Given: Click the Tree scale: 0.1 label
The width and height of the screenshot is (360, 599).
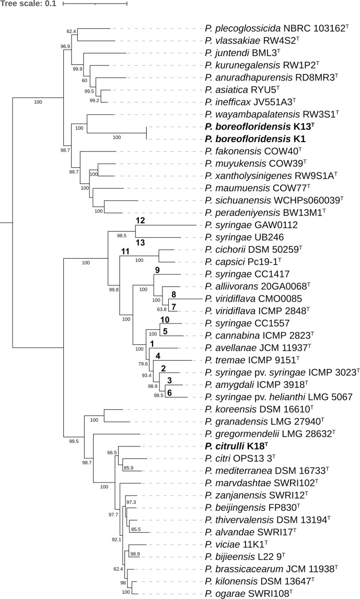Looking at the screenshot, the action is (28, 4).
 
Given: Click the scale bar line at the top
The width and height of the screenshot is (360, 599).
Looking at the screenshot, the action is (95, 4).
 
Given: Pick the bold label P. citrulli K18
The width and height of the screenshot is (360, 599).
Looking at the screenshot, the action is (237, 446).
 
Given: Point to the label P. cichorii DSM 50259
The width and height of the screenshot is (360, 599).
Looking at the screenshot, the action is (253, 249).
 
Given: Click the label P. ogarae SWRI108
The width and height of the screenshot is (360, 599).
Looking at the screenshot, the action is (249, 593).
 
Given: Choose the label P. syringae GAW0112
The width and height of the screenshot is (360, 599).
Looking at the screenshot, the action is (251, 225).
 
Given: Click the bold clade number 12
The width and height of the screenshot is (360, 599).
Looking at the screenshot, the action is (140, 220).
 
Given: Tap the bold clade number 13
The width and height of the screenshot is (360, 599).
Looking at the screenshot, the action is (140, 243).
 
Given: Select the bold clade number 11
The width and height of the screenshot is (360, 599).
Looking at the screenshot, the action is (125, 251).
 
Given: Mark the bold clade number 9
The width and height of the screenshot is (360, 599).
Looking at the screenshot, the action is (157, 270).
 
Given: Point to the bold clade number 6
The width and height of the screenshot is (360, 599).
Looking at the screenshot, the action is (169, 393).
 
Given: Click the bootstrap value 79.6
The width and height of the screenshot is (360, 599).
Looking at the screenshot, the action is (143, 364).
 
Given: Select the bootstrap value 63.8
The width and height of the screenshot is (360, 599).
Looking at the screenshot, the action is (161, 309).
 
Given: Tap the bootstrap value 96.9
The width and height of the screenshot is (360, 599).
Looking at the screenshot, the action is (65, 47).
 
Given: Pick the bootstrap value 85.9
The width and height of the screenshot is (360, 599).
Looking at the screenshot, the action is (128, 468).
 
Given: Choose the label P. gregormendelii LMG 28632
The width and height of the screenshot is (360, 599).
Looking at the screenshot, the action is (270, 434).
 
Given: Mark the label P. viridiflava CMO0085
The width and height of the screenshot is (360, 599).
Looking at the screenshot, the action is (253, 299).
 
